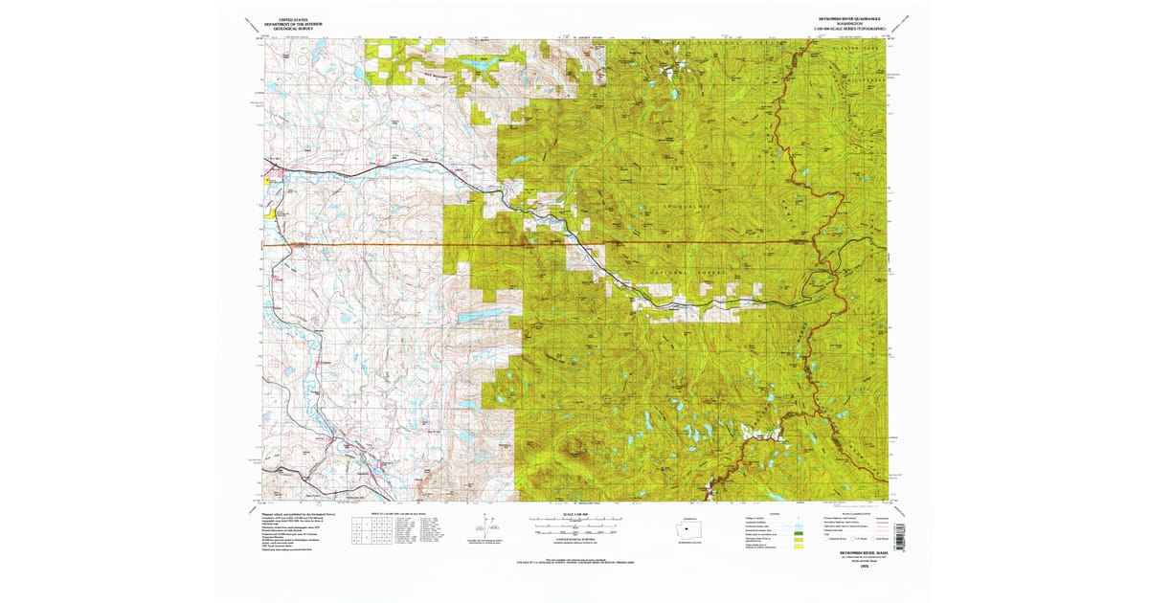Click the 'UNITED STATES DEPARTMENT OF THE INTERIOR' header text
tap(293, 24)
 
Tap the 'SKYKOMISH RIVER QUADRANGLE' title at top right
tap(849, 18)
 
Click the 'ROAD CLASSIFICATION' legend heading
tap(856, 514)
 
